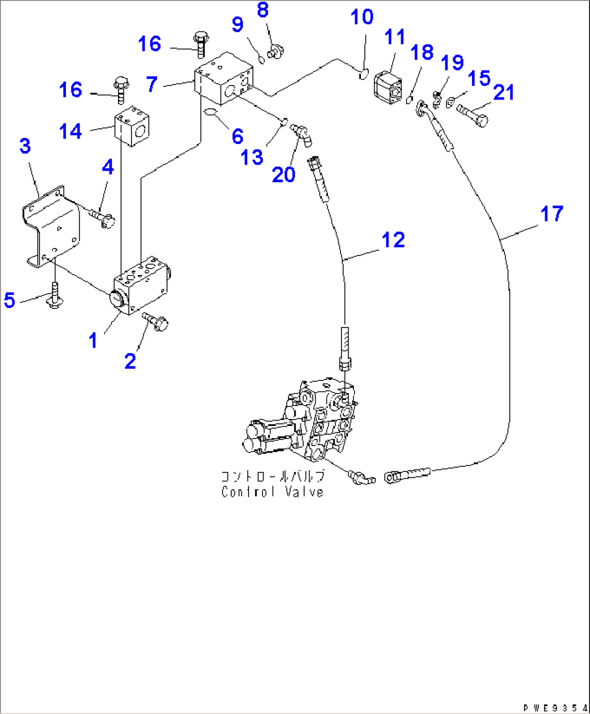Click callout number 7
[152, 84]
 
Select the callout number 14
[70, 131]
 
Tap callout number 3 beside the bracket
[25, 146]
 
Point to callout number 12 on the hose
[394, 240]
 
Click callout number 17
[552, 214]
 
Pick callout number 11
[395, 37]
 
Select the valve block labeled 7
[224, 78]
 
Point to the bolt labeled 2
[156, 322]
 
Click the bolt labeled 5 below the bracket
[53, 296]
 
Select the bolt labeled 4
[102, 218]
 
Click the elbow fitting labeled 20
[300, 133]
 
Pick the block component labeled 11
[388, 86]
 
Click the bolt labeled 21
[473, 115]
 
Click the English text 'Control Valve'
[272, 492]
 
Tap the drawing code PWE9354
[555, 708]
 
